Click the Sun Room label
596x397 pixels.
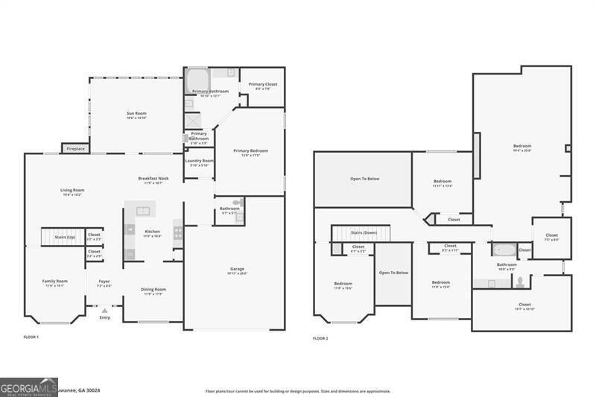pyautogui.click(x=136, y=115)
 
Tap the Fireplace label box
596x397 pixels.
pyautogui.click(x=75, y=148)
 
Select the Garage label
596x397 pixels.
pyautogui.click(x=237, y=270)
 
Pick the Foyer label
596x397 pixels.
pyautogui.click(x=104, y=283)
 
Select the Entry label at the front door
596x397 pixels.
pyautogui.click(x=104, y=318)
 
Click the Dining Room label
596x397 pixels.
pyautogui.click(x=153, y=290)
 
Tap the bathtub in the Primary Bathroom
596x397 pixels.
pyautogui.click(x=197, y=79)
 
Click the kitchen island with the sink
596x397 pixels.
pyautogui.click(x=138, y=208)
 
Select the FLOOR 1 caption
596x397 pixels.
pyautogui.click(x=31, y=338)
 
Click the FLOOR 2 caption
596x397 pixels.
pyautogui.click(x=320, y=338)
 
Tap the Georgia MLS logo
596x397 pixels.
pyautogui.click(x=28, y=387)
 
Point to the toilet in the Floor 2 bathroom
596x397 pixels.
pyautogui.click(x=519, y=282)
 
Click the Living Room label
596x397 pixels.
pyautogui.click(x=72, y=191)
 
